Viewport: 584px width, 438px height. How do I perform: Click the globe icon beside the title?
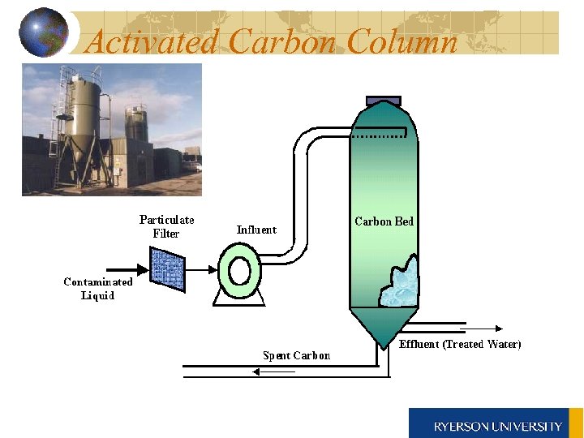[43, 32]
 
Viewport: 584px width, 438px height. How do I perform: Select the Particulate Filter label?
[166, 226]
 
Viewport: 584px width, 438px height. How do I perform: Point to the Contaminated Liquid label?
[98, 289]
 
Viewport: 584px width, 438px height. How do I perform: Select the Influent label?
[256, 230]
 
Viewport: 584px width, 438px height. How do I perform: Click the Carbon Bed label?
[384, 221]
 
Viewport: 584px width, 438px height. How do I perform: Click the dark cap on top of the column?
[384, 101]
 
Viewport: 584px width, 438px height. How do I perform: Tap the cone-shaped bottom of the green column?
[385, 325]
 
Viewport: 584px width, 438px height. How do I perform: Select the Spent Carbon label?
[296, 355]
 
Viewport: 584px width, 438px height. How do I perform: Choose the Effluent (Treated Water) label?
[460, 344]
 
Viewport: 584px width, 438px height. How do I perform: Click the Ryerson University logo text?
[497, 426]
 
